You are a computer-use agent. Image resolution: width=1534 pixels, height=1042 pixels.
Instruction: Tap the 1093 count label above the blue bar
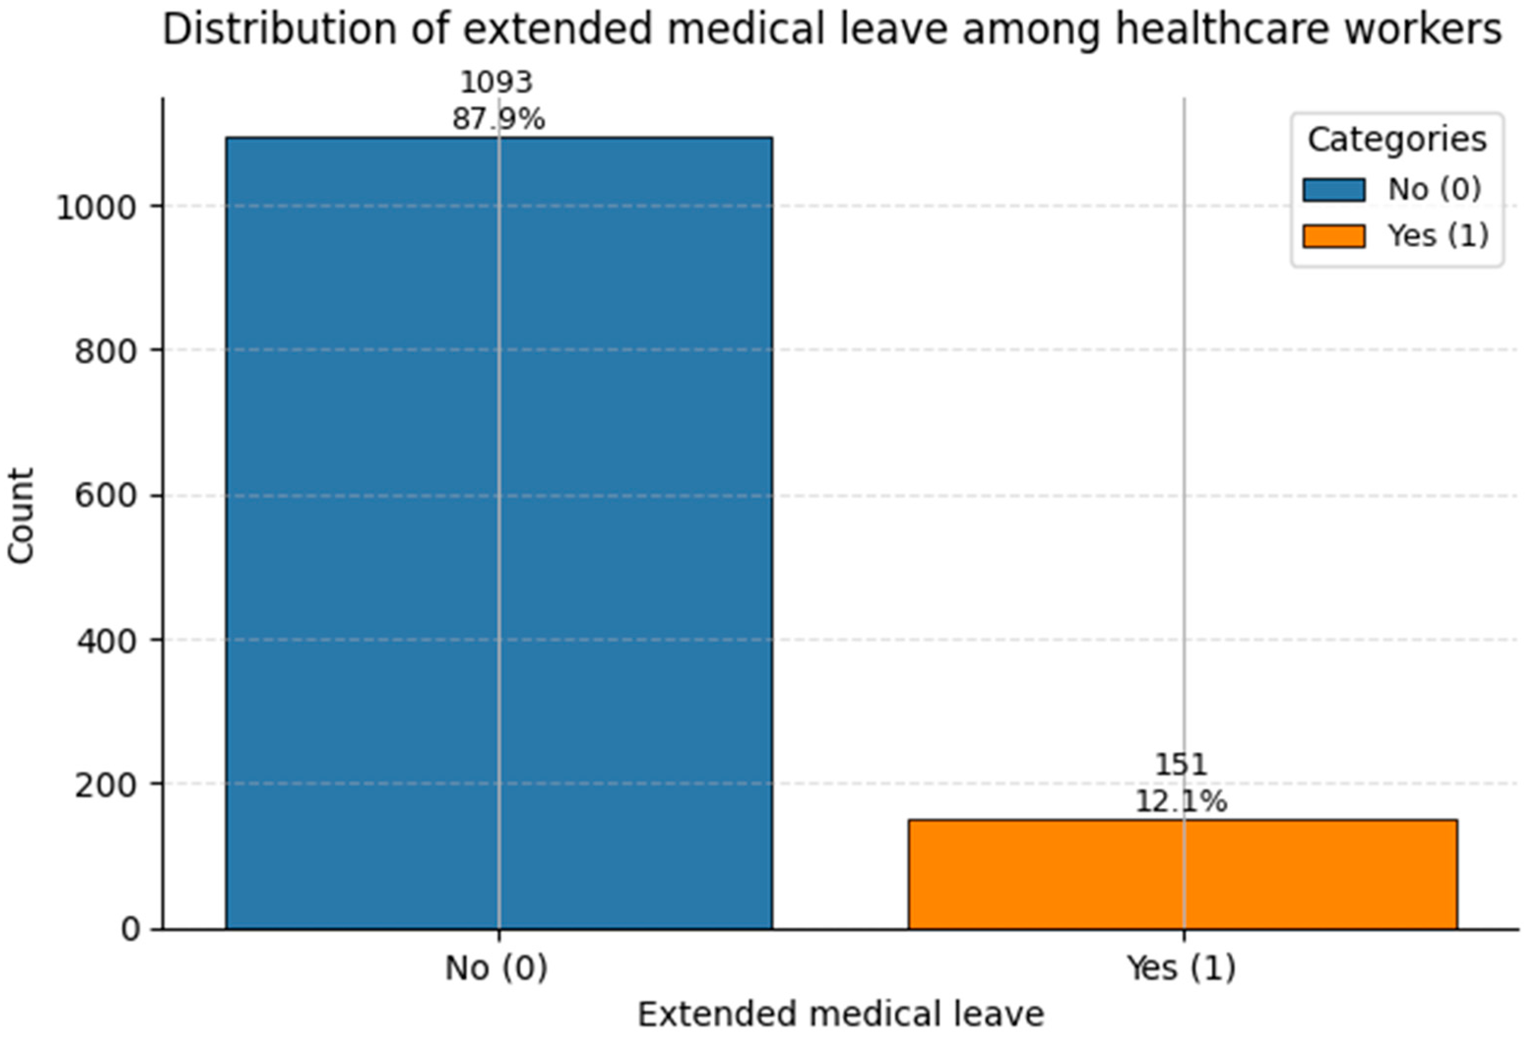pos(497,83)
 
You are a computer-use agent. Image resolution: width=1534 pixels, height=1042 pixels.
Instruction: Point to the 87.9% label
pos(499,120)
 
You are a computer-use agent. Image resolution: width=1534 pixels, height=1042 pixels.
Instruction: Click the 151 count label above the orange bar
pos(1181,765)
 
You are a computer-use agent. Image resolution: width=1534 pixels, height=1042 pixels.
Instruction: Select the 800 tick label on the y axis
pos(106,352)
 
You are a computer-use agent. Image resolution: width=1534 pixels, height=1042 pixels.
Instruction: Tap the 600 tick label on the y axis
pos(106,495)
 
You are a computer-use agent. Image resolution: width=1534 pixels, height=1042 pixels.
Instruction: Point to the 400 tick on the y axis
pos(106,640)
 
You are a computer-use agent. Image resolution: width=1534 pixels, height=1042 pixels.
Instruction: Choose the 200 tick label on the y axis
pos(106,785)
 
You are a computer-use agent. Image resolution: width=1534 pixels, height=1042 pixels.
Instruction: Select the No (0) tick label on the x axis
pos(497,968)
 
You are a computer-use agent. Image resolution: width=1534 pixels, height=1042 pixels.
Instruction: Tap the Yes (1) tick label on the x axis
pos(1181,968)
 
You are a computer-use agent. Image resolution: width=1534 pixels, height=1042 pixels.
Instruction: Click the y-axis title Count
pos(21,516)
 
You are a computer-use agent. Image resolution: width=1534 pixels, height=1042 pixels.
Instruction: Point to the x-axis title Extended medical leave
pos(840,1015)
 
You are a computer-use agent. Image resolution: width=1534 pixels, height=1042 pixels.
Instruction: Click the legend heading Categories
pos(1397,140)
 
